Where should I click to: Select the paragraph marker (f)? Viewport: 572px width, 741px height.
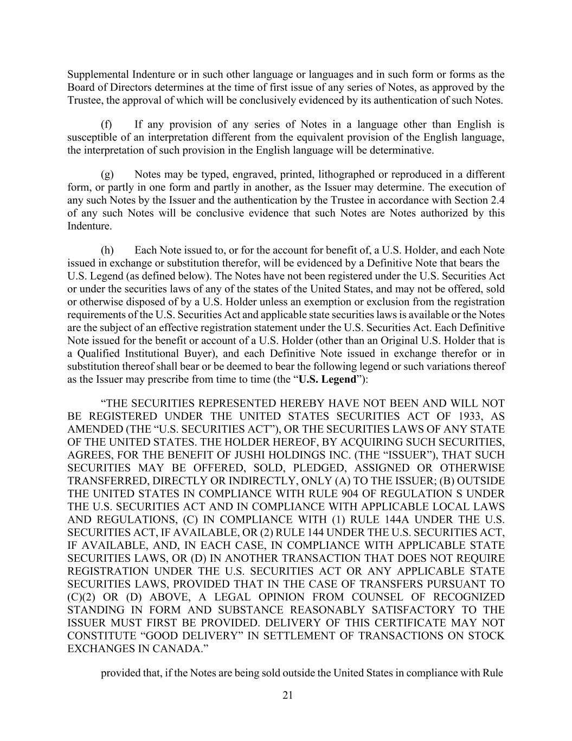click(106, 124)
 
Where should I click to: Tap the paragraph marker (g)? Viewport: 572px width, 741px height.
click(107, 174)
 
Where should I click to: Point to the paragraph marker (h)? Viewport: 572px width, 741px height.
click(107, 250)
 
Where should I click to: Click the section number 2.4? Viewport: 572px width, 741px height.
click(498, 200)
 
